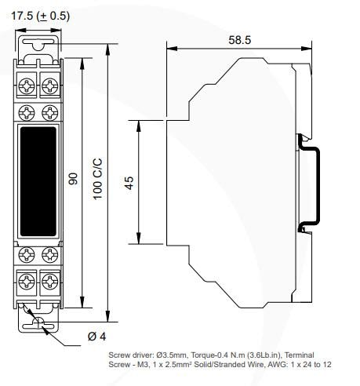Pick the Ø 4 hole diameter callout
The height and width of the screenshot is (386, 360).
click(94, 337)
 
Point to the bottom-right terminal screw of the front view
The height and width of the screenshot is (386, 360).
click(49, 281)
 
